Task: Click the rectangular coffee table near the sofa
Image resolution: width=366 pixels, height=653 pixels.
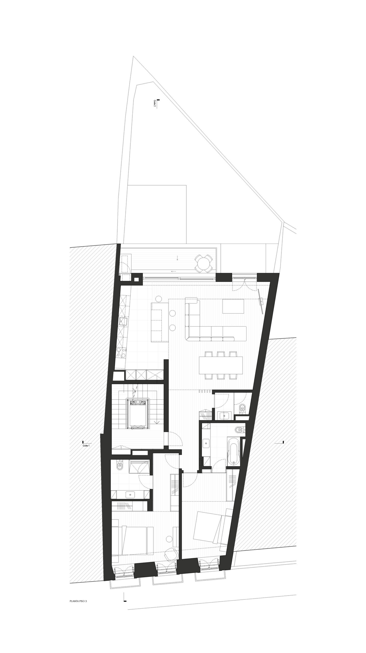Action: tap(233, 306)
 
